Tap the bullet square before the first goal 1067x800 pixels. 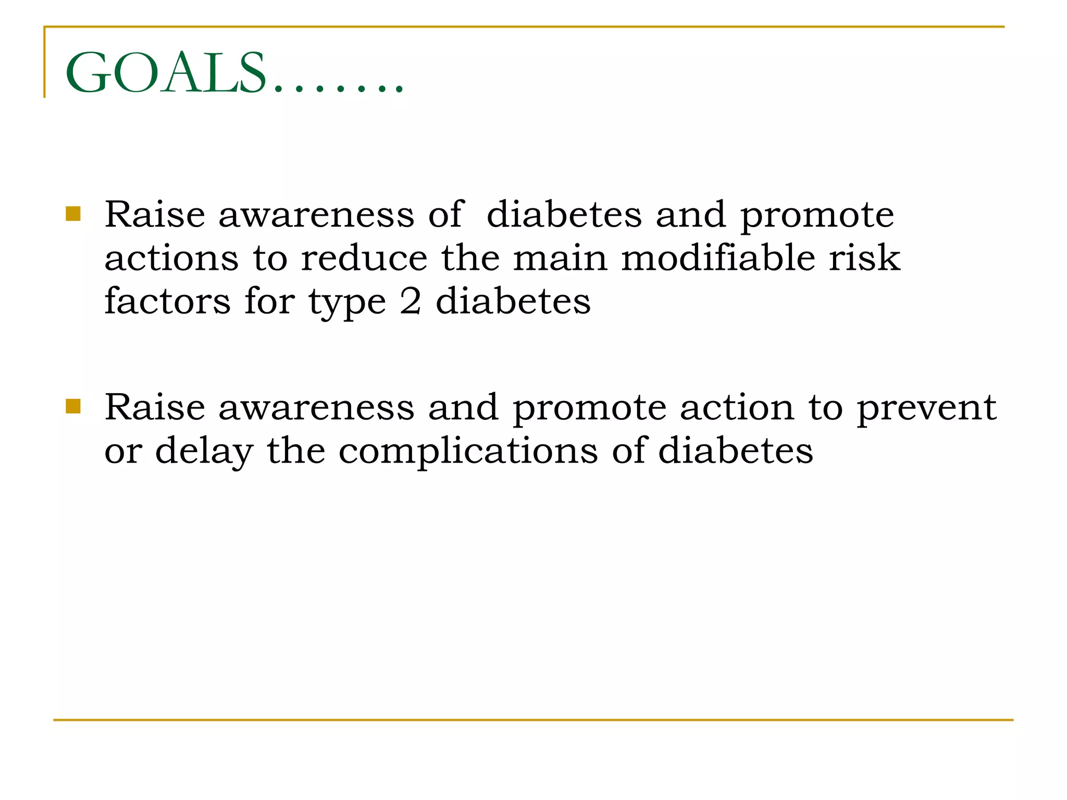click(73, 214)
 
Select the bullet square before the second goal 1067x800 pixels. click(73, 406)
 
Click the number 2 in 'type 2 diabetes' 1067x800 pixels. click(411, 302)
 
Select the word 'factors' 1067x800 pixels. click(167, 302)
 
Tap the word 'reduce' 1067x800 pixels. click(364, 258)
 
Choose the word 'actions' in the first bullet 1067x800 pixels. click(171, 258)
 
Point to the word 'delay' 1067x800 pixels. click(204, 451)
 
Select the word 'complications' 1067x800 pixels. click(468, 451)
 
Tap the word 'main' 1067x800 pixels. click(560, 258)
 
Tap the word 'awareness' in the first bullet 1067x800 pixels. click(316, 215)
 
